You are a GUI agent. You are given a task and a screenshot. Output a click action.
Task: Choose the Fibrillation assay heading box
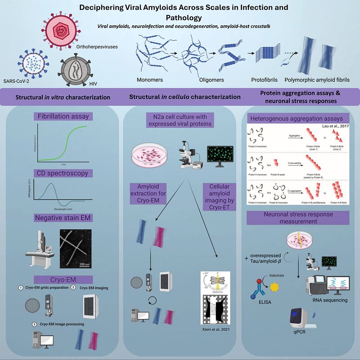pyautogui.click(x=63, y=117)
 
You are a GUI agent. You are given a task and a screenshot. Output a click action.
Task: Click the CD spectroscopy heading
pyautogui.click(x=63, y=172)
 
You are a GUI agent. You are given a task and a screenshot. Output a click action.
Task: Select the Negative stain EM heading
pyautogui.click(x=63, y=218)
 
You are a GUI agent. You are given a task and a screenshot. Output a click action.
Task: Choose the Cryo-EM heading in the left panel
pyautogui.click(x=63, y=279)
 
